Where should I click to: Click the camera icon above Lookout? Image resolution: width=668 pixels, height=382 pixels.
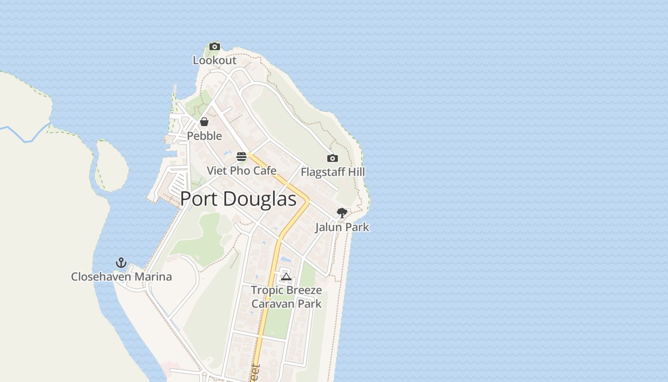[x=215, y=46]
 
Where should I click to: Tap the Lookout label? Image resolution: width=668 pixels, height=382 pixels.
[x=215, y=61]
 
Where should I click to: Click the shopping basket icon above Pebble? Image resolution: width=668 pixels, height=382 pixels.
[x=204, y=122]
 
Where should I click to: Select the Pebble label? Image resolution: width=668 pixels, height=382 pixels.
[x=204, y=136]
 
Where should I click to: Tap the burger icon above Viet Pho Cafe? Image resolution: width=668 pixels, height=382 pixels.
[x=241, y=157]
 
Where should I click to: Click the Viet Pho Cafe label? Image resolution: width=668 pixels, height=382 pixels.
[x=241, y=171]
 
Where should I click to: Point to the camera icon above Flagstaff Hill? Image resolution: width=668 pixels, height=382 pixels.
[x=333, y=158]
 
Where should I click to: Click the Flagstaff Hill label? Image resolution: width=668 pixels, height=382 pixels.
[x=333, y=172]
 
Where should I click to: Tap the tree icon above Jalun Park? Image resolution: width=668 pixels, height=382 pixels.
[x=342, y=212]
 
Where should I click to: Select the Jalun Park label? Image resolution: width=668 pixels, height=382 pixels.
[x=342, y=227]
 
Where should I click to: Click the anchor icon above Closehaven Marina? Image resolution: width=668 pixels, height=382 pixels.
[x=121, y=263]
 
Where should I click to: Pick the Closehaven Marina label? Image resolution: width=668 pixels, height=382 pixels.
[x=121, y=277]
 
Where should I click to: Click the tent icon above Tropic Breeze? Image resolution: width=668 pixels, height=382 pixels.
[x=286, y=276]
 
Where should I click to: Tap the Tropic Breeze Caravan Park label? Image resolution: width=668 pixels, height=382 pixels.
[x=286, y=297]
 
